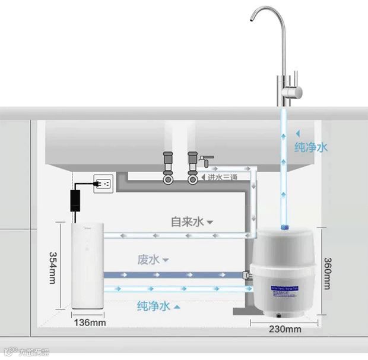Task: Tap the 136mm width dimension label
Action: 90,323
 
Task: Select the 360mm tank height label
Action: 328,273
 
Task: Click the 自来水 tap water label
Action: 188,222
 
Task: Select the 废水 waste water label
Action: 148,260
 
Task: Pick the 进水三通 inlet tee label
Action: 223,177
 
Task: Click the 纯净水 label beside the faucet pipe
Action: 310,147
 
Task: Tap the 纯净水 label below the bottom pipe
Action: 154,306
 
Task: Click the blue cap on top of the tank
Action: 285,228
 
